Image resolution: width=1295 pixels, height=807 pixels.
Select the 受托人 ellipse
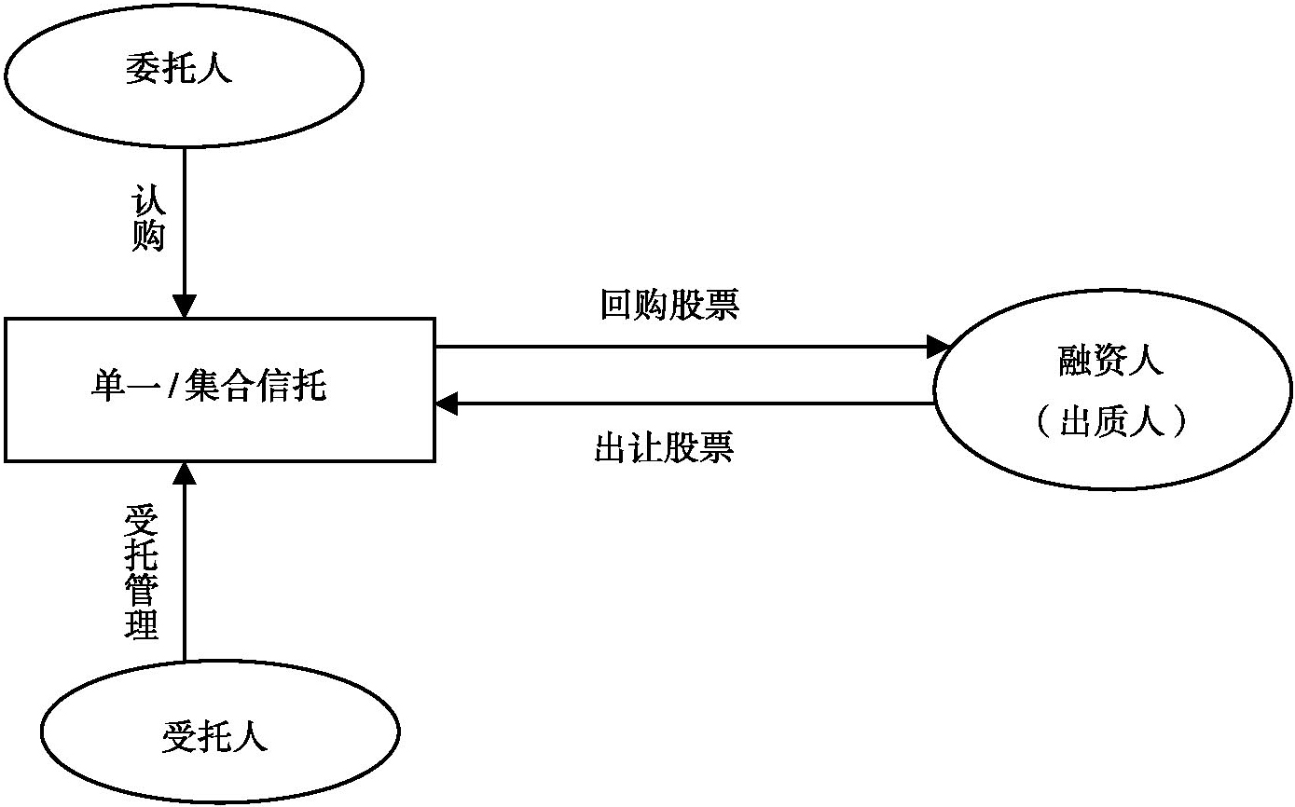pyautogui.click(x=220, y=737)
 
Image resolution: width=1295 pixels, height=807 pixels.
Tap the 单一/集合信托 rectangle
pyautogui.click(x=220, y=390)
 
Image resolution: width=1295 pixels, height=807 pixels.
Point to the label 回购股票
pyautogui.click(x=669, y=306)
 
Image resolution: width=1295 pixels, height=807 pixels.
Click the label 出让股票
pyautogui.click(x=664, y=448)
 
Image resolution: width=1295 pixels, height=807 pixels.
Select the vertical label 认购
pyautogui.click(x=147, y=220)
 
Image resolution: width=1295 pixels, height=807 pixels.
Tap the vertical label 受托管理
pyautogui.click(x=142, y=572)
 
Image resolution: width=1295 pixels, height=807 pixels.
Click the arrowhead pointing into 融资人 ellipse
pyautogui.click(x=936, y=348)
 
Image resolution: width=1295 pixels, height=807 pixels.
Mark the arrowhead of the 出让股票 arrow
pyautogui.click(x=448, y=404)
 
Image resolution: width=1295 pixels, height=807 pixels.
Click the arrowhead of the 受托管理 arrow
pyautogui.click(x=185, y=473)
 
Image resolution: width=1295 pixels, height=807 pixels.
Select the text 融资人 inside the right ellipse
pyautogui.click(x=1111, y=361)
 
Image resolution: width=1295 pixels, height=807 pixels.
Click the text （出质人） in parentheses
pyautogui.click(x=1111, y=423)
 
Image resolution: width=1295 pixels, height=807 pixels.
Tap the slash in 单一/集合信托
pyautogui.click(x=171, y=385)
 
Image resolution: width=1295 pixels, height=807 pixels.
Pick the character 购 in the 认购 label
pyautogui.click(x=147, y=237)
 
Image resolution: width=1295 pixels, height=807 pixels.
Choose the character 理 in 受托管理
pyautogui.click(x=142, y=625)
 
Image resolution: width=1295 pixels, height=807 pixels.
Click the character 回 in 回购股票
pyautogui.click(x=616, y=306)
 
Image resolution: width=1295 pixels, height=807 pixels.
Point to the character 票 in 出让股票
pyautogui.click(x=717, y=448)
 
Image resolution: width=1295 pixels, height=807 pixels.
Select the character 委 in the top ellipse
pyautogui.click(x=143, y=71)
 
